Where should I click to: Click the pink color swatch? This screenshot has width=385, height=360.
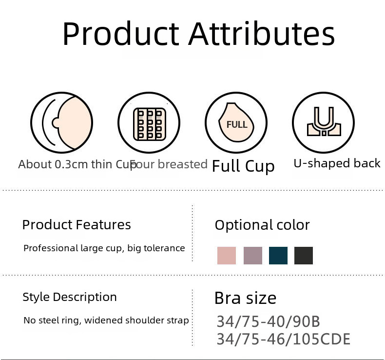pos(227,256)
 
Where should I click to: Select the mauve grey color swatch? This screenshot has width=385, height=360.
pos(252,256)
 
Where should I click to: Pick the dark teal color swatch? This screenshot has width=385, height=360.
pos(278,256)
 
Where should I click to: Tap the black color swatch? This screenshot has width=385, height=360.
pos(304,256)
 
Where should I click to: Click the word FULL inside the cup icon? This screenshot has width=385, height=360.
pos(237,124)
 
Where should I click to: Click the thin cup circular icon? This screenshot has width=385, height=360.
pos(61,122)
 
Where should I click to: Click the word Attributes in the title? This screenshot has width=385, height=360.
pos(262,34)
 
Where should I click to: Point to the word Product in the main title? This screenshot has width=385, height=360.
pos(121,34)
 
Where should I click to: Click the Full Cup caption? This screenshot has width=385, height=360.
pos(243,166)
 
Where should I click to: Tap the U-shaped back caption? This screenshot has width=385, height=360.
pos(337,163)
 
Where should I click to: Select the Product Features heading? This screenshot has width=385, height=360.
pos(77,224)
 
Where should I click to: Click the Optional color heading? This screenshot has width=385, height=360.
pos(262,225)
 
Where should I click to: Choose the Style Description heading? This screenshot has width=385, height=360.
pos(70,297)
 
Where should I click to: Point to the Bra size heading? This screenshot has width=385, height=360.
pos(245,298)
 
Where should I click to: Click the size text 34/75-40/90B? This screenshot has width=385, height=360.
pos(269,321)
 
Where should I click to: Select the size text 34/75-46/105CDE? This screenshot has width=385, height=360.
pos(284,339)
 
